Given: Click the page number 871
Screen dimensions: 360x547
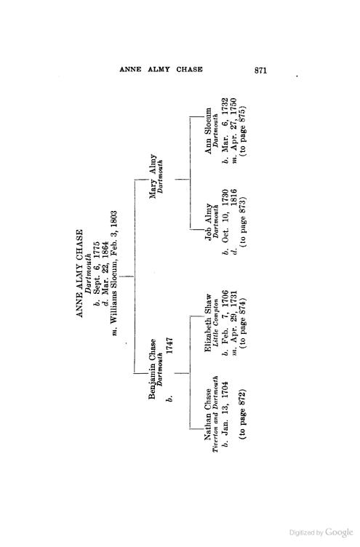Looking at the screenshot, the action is pos(260,70).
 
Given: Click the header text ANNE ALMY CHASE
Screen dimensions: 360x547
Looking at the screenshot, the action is pos(161,69).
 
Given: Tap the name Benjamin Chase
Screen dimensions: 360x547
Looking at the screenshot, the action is pos(153,369).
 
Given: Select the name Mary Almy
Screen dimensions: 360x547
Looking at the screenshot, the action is pos(153,176).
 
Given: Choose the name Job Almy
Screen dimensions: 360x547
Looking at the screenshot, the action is pos(208,222).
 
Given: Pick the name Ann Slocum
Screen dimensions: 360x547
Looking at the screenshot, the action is pos(208,130).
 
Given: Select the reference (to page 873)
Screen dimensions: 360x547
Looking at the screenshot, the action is pos(243,223).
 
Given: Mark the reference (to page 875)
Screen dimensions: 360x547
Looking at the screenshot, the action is pos(243,130).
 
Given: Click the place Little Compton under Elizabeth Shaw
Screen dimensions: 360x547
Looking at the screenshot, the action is pos(215,323).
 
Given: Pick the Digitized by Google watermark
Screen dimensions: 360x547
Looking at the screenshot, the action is pos(321,532).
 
